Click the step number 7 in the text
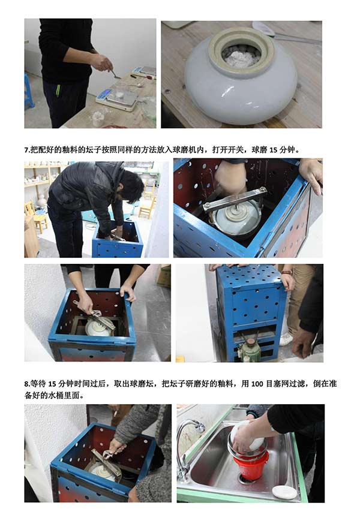pos(26,150)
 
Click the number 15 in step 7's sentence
pos(273,150)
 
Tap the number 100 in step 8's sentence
pos(257,384)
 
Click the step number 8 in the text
pos(26,384)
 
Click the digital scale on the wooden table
pos(117,98)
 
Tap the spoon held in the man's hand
pos(116,75)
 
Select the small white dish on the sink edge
pos(284,492)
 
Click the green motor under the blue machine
pos(250,350)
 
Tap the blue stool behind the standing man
pos(29,91)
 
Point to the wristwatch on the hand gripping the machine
pos(287,273)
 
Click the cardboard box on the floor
pos(164,276)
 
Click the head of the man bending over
pos(131,186)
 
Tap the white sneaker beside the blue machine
pos(285,339)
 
